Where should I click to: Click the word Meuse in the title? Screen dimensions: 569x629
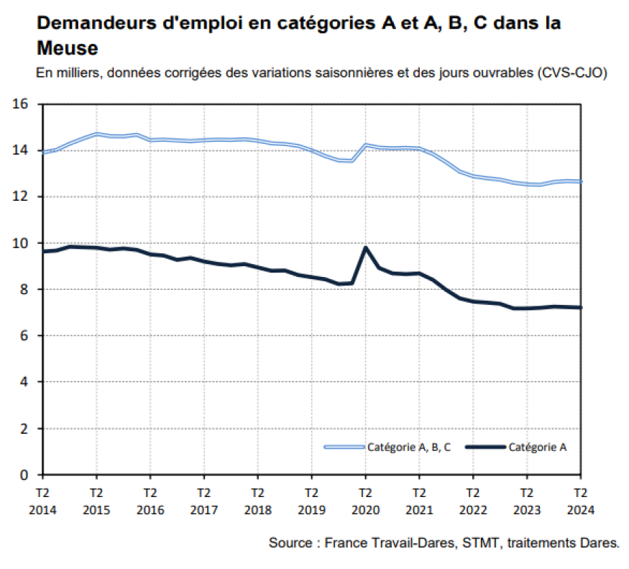tap(67, 49)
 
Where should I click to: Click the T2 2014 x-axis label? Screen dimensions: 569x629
tap(42, 501)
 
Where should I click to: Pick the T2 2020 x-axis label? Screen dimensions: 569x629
tap(365, 501)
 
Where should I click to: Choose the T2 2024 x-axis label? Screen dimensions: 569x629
tap(580, 501)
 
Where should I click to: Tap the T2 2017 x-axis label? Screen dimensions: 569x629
tap(203, 501)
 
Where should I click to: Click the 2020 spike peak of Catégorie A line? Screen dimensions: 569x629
tap(365, 247)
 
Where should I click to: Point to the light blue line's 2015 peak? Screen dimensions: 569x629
tap(96, 134)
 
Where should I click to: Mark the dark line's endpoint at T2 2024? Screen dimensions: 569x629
tap(579, 308)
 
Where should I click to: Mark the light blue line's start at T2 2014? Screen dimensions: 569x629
tap(44, 152)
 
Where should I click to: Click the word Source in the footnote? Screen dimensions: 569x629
tap(290, 542)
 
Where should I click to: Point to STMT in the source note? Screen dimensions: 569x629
tap(486, 542)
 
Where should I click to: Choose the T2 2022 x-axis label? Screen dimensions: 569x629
tap(472, 501)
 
